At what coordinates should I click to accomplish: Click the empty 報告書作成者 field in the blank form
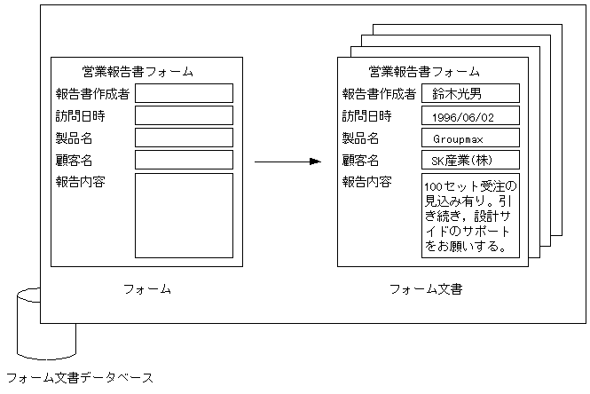pyautogui.click(x=184, y=93)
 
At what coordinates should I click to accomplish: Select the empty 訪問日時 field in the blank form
pyautogui.click(x=184, y=115)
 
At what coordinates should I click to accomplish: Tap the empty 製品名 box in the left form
pyautogui.click(x=184, y=138)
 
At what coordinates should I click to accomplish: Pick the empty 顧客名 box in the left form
pyautogui.click(x=184, y=160)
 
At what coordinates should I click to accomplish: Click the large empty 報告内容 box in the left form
pyautogui.click(x=184, y=216)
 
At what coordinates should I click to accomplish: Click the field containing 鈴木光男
pyautogui.click(x=470, y=93)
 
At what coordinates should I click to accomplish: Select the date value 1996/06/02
pyautogui.click(x=470, y=116)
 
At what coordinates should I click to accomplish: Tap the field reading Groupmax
pyautogui.click(x=470, y=138)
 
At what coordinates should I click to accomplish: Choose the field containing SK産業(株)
pyautogui.click(x=470, y=161)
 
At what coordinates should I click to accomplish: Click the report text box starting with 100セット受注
pyautogui.click(x=470, y=216)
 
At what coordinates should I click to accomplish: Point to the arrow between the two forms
pyautogui.click(x=286, y=162)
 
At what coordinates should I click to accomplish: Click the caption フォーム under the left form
pyautogui.click(x=146, y=289)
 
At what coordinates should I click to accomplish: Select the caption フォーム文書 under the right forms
pyautogui.click(x=426, y=289)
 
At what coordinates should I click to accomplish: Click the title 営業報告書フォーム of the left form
pyautogui.click(x=137, y=72)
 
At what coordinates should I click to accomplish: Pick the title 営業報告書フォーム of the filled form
pyautogui.click(x=424, y=72)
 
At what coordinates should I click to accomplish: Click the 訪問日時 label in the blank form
pyautogui.click(x=80, y=115)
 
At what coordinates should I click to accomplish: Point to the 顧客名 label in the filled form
pyautogui.click(x=361, y=161)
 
